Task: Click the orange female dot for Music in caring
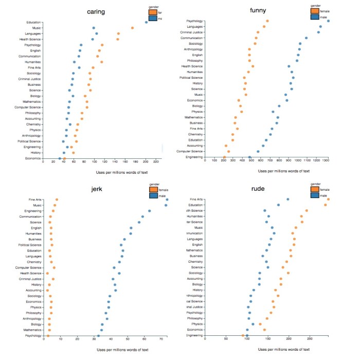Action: click(132, 28)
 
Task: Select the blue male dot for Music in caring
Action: click(94, 28)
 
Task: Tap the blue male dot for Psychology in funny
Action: click(329, 21)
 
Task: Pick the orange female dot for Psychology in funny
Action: click(267, 21)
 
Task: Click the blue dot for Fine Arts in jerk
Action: click(167, 200)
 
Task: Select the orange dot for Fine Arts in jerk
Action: click(57, 200)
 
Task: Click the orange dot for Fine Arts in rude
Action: click(329, 200)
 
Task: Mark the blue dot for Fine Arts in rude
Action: click(287, 200)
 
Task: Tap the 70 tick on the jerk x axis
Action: click(161, 340)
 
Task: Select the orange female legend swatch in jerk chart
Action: click(153, 189)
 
